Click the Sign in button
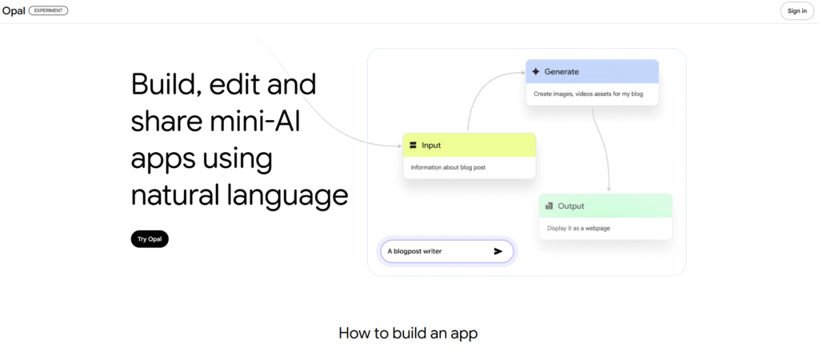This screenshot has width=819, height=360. (x=797, y=11)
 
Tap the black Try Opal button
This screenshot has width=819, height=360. (x=150, y=238)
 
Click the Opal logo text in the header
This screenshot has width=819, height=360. (x=14, y=10)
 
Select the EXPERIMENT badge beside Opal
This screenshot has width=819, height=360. (x=48, y=10)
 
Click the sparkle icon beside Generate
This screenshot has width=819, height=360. (x=535, y=71)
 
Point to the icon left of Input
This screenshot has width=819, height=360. (x=413, y=146)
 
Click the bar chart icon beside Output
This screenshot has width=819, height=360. (x=549, y=206)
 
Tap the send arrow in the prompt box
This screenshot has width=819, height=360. (x=497, y=251)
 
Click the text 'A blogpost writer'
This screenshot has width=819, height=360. (x=414, y=251)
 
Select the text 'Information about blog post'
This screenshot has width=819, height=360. (x=449, y=168)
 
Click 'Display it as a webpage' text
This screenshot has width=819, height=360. (x=579, y=228)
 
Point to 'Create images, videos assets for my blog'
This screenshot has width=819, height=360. (x=588, y=94)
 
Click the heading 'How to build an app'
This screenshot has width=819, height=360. (x=408, y=334)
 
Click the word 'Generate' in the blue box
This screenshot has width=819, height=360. (x=561, y=71)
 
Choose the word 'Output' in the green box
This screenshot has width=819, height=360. (x=571, y=206)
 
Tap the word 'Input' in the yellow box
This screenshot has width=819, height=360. (x=431, y=146)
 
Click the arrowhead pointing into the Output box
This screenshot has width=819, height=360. (x=609, y=189)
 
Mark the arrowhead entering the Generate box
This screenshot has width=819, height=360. (x=523, y=72)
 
